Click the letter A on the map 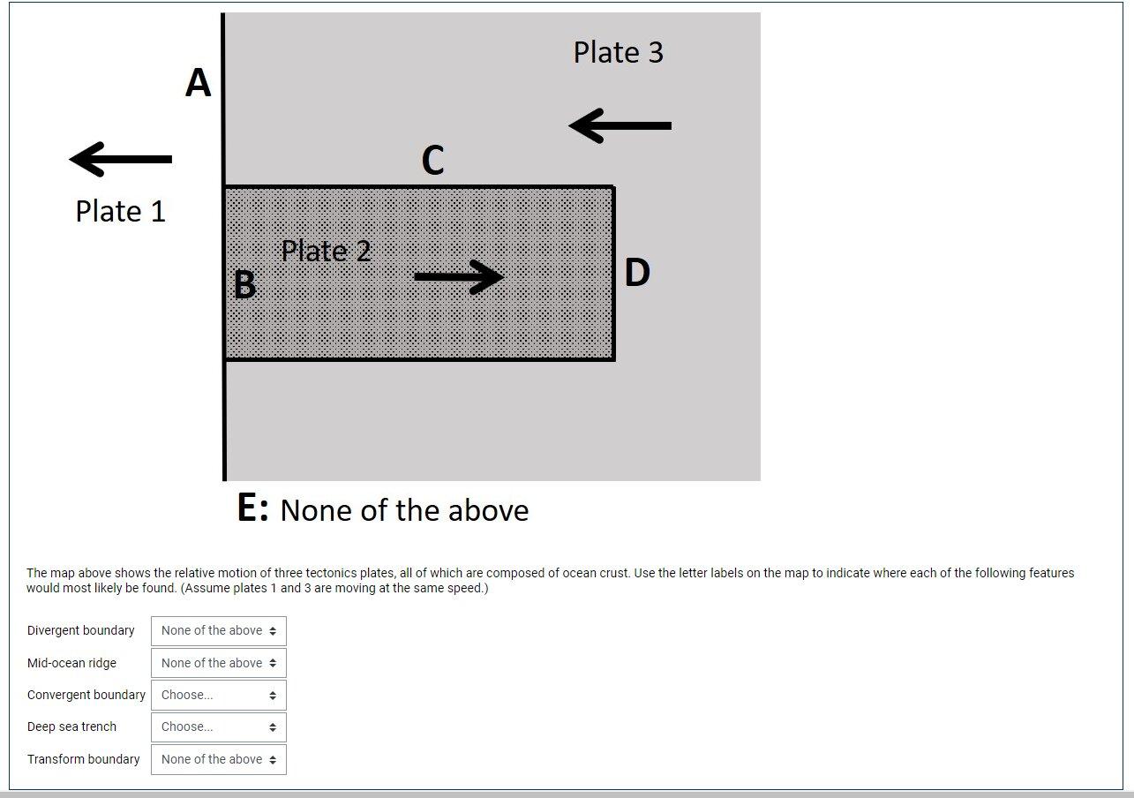[199, 84]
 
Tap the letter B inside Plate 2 [244, 285]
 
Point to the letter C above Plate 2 [432, 161]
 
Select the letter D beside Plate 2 [637, 273]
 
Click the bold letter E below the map [252, 508]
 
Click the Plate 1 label [120, 211]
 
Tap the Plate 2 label [327, 251]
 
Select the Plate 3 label [618, 52]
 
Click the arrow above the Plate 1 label [121, 159]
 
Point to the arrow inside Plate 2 [459, 276]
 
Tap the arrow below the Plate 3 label [620, 125]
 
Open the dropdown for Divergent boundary [219, 631]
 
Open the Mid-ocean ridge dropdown [219, 663]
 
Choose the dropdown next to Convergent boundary [219, 695]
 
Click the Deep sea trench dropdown [219, 726]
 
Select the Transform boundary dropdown [219, 759]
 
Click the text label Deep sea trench [71, 726]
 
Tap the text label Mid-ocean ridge [71, 663]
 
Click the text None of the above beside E [404, 510]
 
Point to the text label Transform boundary [83, 759]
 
